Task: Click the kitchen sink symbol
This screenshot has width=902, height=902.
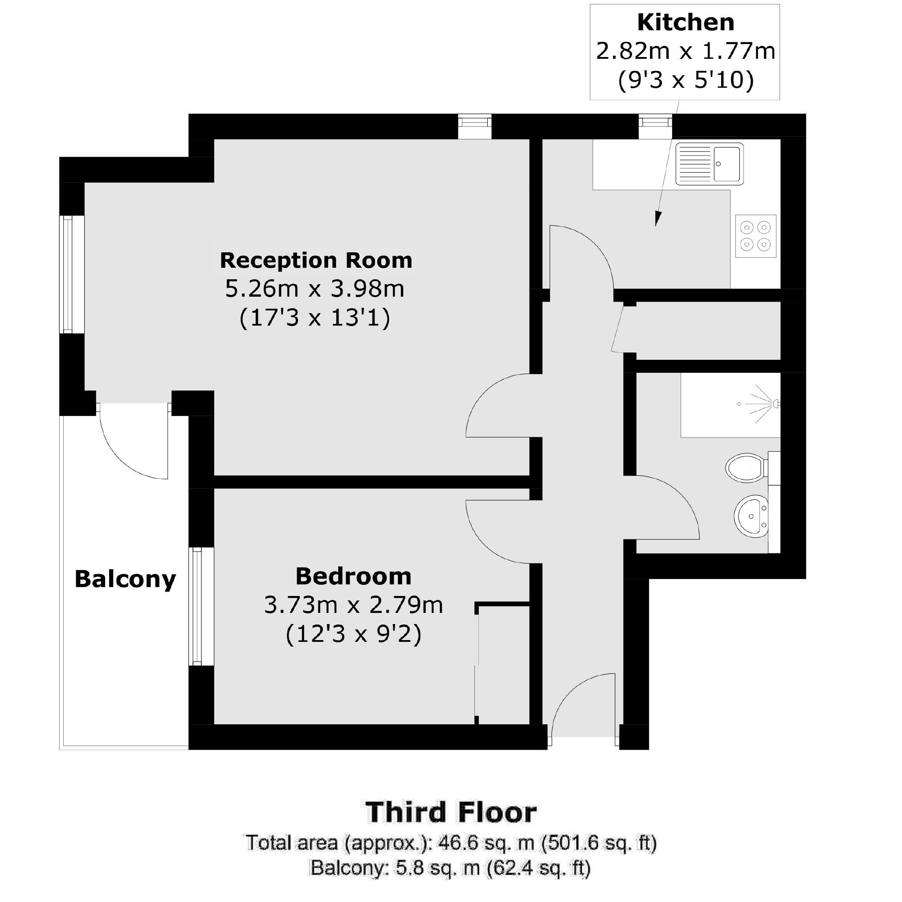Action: (x=709, y=164)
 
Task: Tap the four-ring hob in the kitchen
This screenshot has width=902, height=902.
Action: (x=755, y=236)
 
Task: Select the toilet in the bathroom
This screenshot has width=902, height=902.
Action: (x=747, y=467)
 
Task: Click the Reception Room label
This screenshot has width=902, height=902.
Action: (x=316, y=260)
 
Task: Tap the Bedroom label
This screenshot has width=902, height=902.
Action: (x=353, y=576)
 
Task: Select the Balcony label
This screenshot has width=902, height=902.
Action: (x=125, y=579)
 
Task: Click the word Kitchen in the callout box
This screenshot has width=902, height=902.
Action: (x=686, y=22)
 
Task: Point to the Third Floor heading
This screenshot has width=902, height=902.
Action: (x=451, y=812)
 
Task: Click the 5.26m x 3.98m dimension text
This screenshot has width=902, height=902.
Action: (x=314, y=289)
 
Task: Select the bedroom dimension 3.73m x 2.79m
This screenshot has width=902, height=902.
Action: (x=353, y=605)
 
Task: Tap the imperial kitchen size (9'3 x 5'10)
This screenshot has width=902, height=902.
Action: (x=686, y=80)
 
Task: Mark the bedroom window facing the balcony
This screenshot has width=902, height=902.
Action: (x=197, y=606)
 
